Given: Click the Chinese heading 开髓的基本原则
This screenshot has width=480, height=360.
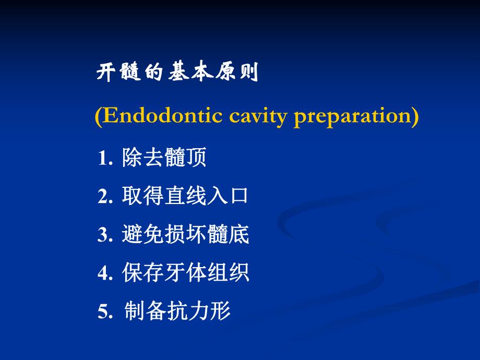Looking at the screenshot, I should [x=177, y=73].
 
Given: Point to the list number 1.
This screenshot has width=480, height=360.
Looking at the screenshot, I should [x=104, y=159].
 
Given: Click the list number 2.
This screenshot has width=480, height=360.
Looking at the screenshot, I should [x=104, y=197].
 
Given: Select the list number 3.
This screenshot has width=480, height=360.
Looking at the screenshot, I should [x=104, y=235].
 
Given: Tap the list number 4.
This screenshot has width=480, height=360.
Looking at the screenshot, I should [x=104, y=273].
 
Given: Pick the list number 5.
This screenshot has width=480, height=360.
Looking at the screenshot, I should [x=104, y=311].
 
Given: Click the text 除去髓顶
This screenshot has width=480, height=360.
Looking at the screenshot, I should [x=164, y=158].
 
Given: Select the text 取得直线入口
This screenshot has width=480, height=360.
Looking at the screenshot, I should [x=185, y=196].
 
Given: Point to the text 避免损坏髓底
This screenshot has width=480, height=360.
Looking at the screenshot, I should [x=185, y=235].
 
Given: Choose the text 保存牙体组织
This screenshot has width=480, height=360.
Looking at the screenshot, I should [x=185, y=273].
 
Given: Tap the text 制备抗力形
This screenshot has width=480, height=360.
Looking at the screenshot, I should [x=177, y=311].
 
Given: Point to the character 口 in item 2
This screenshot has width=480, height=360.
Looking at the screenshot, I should [x=238, y=197].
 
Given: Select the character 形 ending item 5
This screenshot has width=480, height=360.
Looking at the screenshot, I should [x=221, y=311].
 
